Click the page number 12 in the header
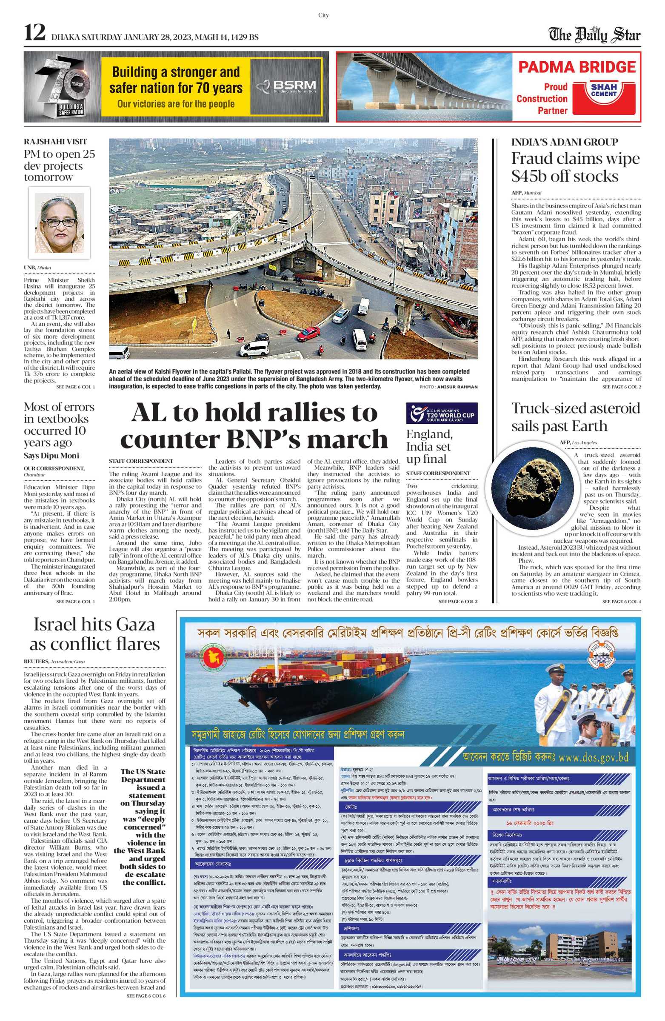tap(35, 33)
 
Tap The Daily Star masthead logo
tap(594, 35)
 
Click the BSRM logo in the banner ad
tap(286, 86)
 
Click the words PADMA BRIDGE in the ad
tap(577, 67)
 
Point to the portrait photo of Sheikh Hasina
tap(59, 222)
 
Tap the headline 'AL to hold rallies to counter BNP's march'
tap(254, 425)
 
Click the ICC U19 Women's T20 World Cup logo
tap(442, 413)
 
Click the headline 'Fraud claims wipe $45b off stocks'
tap(575, 167)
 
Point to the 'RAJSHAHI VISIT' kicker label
tap(55, 142)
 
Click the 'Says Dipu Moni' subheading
tap(51, 456)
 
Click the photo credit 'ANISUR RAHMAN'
tap(457, 387)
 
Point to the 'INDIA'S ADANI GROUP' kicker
tap(564, 143)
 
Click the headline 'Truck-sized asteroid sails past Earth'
tap(575, 417)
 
